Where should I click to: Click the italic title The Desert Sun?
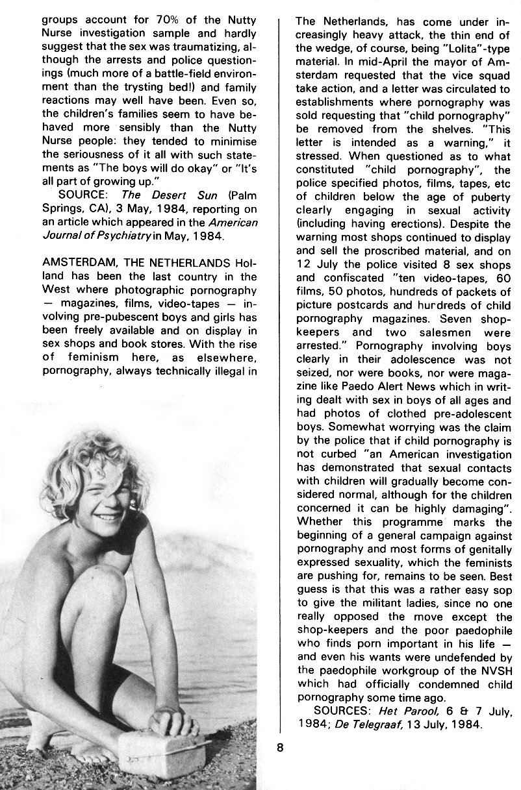point(162,194)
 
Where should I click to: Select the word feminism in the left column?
point(91,357)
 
